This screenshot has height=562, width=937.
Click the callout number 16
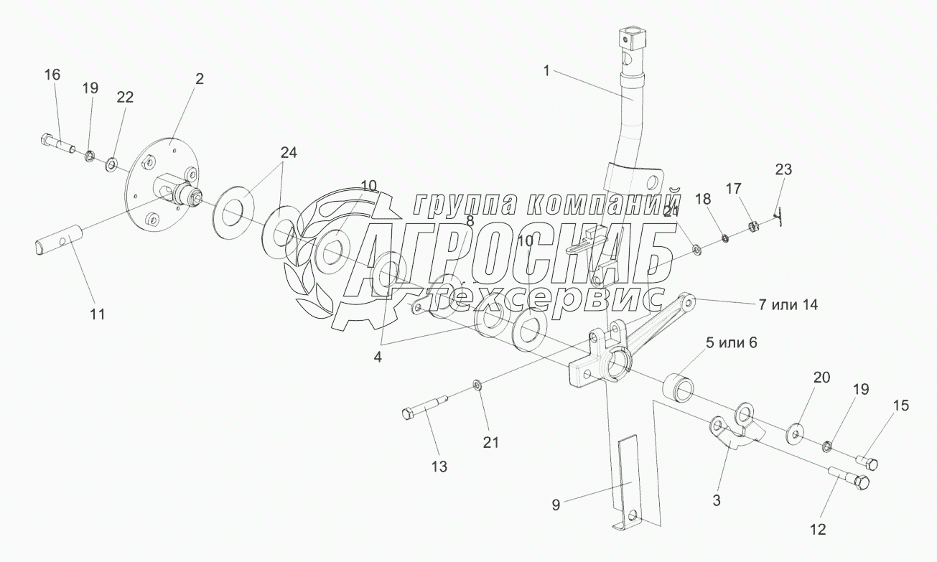pos(52,75)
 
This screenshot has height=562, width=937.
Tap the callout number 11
pos(97,314)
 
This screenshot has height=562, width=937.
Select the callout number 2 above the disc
pos(200,79)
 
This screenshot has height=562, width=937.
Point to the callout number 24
pos(289,152)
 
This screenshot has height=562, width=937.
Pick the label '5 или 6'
pos(731,343)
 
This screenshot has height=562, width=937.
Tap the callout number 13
pos(439,467)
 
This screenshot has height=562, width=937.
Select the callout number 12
pos(818,530)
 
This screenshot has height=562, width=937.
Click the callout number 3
pos(717,498)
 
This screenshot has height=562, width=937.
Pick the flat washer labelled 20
pos(796,432)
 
